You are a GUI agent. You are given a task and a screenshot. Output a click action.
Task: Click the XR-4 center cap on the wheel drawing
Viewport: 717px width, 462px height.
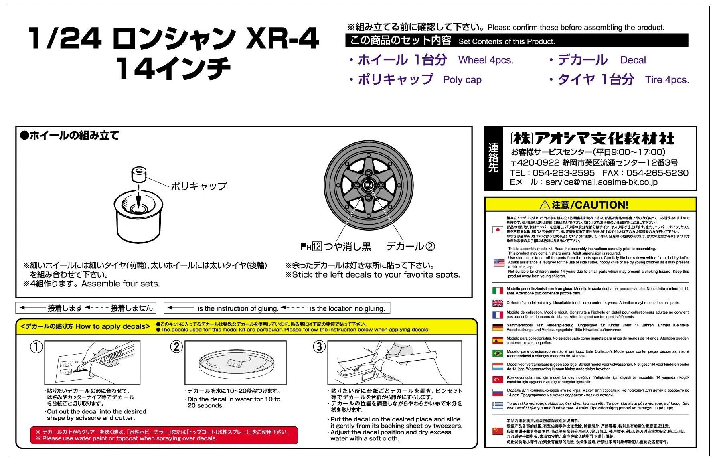[369, 185]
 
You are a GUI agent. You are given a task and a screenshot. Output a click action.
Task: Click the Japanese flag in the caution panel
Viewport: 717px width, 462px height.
[498, 230]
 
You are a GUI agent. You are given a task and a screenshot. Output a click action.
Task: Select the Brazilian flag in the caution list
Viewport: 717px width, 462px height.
[498, 353]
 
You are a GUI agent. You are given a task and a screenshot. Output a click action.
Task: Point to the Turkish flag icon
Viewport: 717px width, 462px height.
[498, 379]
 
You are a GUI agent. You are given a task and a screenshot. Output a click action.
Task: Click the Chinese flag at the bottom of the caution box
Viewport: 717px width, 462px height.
[498, 431]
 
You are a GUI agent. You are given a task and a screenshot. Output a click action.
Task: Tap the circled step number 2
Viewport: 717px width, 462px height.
[176, 346]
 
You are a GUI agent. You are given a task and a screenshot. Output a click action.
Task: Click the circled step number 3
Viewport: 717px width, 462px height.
[319, 346]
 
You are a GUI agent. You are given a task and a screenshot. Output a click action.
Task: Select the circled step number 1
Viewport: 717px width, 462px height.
[36, 346]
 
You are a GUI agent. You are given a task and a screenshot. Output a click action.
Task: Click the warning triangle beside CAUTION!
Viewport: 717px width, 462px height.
[545, 205]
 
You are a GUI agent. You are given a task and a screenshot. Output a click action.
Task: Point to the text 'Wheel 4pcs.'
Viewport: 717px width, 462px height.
[486, 60]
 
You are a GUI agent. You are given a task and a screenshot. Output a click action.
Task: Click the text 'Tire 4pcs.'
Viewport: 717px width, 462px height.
[667, 80]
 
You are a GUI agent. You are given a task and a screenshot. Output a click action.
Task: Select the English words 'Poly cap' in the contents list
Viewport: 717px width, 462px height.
[462, 80]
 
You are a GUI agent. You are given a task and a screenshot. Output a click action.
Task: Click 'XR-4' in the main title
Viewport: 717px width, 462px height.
[282, 39]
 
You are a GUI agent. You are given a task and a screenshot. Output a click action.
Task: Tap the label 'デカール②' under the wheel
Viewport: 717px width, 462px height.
[410, 246]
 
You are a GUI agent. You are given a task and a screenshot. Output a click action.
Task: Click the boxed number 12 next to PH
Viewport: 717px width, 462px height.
[317, 246]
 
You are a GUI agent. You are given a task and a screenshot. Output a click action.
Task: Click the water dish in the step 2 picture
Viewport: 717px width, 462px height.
[236, 363]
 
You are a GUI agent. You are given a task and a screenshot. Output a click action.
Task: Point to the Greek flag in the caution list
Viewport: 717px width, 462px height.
[498, 405]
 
